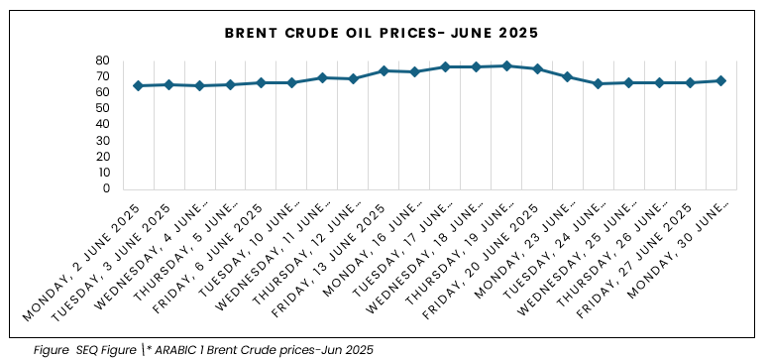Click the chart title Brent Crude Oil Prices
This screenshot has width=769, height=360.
coord(382,33)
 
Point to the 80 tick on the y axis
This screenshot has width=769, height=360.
coord(102,60)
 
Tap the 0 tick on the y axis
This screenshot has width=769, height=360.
coord(106,188)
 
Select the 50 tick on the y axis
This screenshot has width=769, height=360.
coord(102,108)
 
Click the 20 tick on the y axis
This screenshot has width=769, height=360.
coord(102,157)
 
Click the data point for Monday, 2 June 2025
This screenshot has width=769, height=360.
coord(139,85)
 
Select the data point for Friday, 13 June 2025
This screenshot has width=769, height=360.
coord(384,70)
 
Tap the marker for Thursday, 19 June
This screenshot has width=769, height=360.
coord(506,65)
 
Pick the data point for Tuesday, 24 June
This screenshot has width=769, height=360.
coord(599,83)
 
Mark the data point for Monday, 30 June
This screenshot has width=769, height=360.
coord(721,80)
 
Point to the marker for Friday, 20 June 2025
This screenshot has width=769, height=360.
coord(537,68)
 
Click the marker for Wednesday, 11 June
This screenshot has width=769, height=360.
coord(322,77)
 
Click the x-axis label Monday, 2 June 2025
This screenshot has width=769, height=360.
coord(81,262)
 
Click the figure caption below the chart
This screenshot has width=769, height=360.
coord(203,350)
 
